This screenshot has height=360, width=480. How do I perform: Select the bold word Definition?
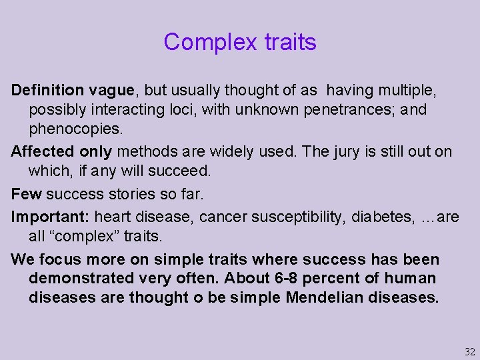tap(47, 90)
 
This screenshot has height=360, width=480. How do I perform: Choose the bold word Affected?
tap(43, 151)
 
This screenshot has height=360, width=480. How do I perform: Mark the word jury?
tap(347, 151)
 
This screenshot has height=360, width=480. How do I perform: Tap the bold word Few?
tap(26, 195)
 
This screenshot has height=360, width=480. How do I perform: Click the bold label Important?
tap(51, 217)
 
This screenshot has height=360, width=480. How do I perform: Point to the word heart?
tap(114, 217)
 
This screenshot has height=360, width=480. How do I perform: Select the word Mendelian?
tap(324, 297)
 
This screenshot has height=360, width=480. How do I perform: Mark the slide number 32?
tap(470, 352)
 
